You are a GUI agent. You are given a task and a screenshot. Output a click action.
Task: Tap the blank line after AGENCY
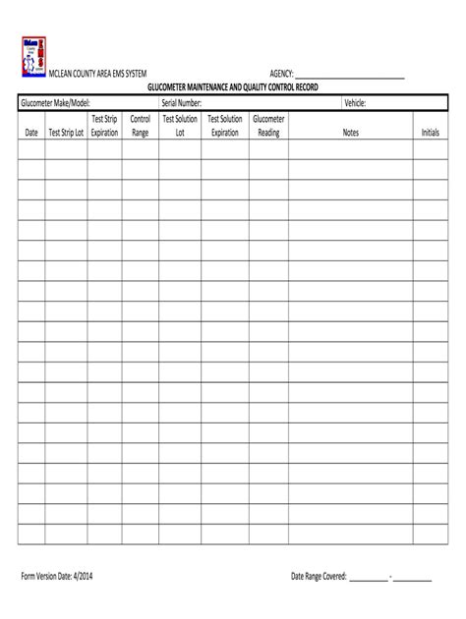tap(350, 76)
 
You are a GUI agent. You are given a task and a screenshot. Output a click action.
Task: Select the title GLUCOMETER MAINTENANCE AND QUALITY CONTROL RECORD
tap(232, 87)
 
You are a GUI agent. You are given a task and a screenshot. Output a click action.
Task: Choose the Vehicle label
tap(355, 103)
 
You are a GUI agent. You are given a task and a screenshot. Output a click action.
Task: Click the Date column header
tap(31, 133)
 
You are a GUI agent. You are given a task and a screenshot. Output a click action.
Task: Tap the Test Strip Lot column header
tap(66, 133)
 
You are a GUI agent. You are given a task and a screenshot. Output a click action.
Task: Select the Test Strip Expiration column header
tap(104, 126)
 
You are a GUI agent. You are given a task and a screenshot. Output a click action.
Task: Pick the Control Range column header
tap(140, 126)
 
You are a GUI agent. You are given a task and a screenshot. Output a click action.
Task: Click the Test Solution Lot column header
tap(180, 126)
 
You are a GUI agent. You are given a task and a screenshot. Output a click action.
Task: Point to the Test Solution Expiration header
tap(225, 126)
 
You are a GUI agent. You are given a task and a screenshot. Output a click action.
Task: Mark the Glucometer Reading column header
tap(268, 126)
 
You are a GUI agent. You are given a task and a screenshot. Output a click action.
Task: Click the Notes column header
tap(350, 133)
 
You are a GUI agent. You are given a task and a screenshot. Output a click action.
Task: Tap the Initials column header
tap(430, 133)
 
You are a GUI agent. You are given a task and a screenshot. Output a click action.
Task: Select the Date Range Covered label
tap(319, 576)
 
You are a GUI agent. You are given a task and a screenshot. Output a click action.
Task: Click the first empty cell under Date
tap(31, 149)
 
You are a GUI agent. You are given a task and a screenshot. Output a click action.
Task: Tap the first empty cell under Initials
tap(430, 149)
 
